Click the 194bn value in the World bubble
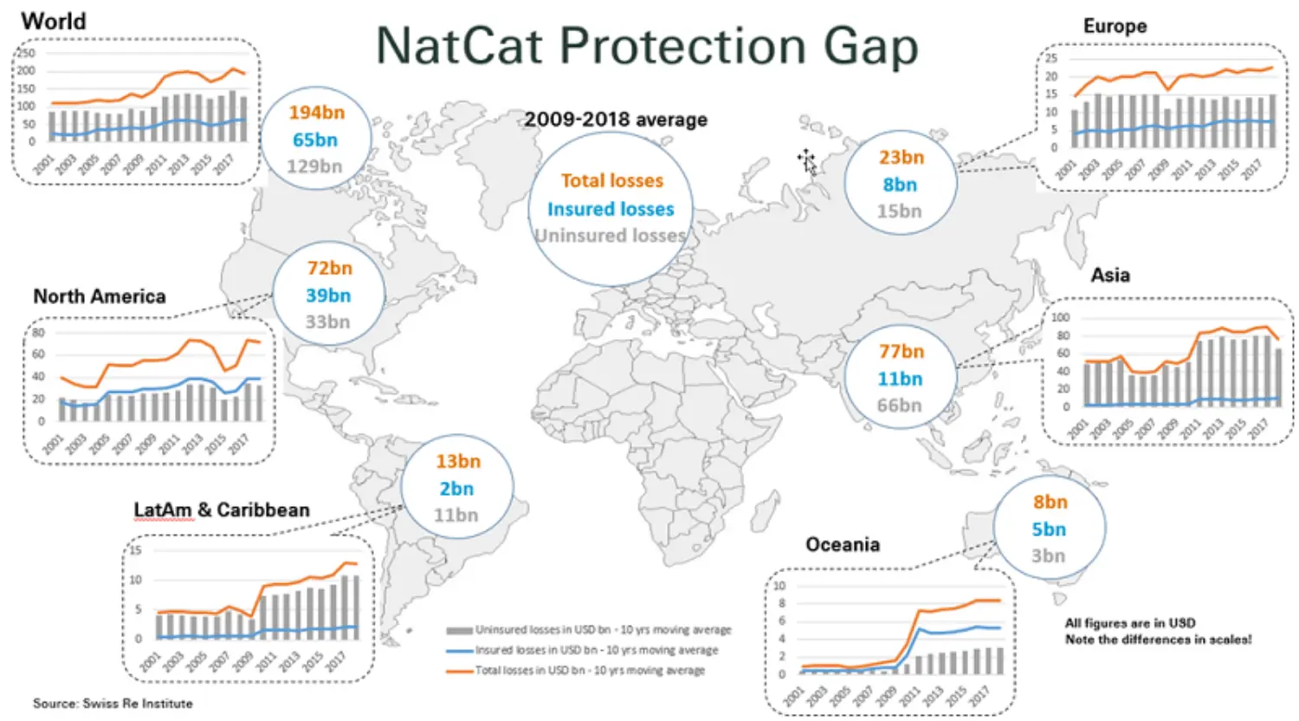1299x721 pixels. click(x=316, y=113)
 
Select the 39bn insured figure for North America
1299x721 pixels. click(x=328, y=296)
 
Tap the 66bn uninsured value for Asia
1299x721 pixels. click(x=899, y=406)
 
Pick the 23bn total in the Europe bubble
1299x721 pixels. click(x=901, y=158)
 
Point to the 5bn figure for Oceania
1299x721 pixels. click(x=1048, y=529)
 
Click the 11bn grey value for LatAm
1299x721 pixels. click(x=456, y=516)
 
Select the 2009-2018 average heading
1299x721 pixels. click(x=615, y=120)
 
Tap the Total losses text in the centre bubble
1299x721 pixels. click(x=611, y=181)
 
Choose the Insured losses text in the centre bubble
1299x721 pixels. click(x=610, y=210)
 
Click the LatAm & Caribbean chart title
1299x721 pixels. click(x=221, y=510)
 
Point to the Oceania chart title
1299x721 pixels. click(x=842, y=544)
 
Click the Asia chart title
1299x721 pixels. click(x=1109, y=275)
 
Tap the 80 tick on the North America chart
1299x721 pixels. click(x=38, y=332)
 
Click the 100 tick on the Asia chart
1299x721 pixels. click(x=1060, y=318)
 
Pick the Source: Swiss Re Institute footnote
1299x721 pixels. click(x=113, y=704)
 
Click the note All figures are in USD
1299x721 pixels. click(x=1129, y=623)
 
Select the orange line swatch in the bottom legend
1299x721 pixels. click(x=459, y=671)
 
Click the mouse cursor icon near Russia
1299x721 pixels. click(x=807, y=161)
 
